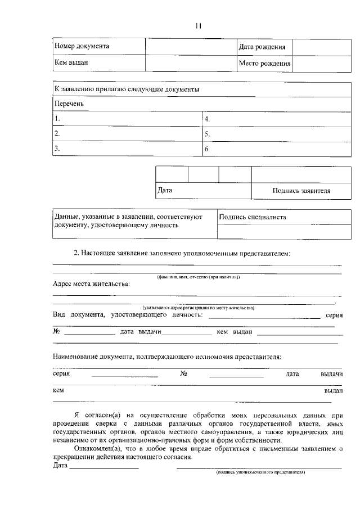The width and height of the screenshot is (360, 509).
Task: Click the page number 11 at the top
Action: (x=198, y=25)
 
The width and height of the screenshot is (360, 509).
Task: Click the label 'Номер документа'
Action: (x=82, y=46)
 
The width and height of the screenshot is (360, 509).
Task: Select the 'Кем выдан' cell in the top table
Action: (x=71, y=62)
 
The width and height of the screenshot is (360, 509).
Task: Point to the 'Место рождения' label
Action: (x=264, y=64)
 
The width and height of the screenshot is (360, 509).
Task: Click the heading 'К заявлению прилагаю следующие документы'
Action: (x=127, y=89)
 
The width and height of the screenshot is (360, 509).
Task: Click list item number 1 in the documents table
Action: (x=57, y=119)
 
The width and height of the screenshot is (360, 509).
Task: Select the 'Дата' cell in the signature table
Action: (x=165, y=190)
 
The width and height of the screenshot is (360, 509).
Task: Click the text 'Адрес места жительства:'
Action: (x=91, y=284)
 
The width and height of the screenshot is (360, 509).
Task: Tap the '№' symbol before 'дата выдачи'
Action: (x=56, y=332)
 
